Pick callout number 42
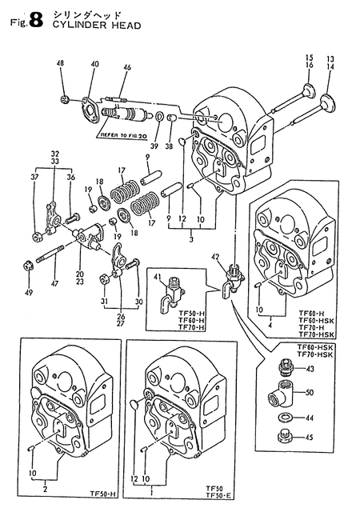214,257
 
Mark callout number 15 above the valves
309,58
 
